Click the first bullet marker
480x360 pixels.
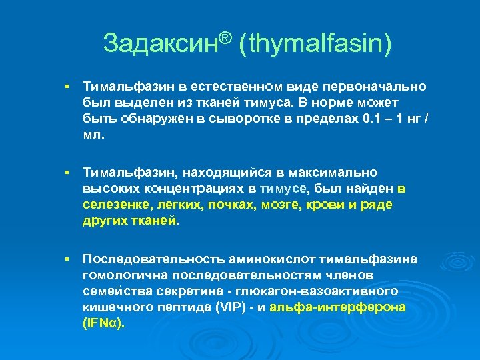click(67, 87)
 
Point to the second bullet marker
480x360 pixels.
click(67, 173)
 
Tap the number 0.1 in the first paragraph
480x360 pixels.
click(354, 119)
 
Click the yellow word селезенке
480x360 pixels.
click(110, 205)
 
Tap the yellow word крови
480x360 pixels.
click(323, 205)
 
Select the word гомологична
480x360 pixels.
click(123, 275)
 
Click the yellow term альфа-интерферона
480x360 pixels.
click(351, 307)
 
